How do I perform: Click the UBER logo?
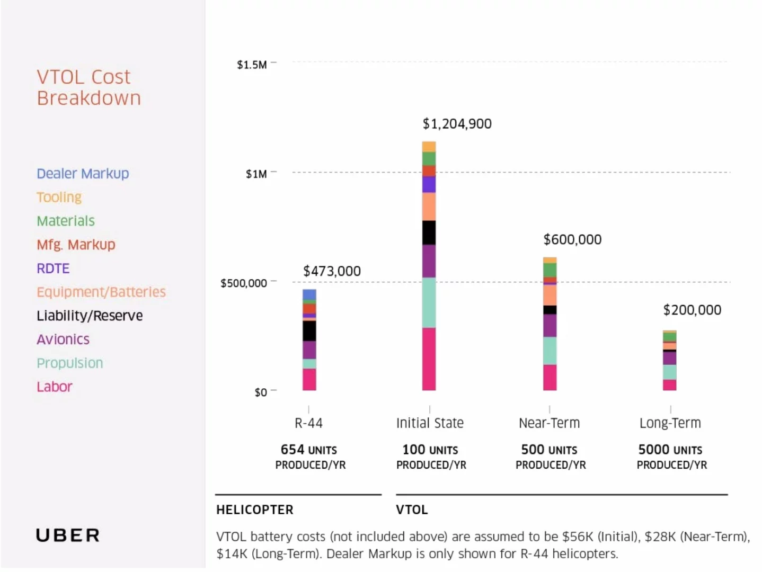67,535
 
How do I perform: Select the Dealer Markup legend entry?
83,174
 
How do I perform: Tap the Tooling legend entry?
59,197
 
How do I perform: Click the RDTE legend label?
53,269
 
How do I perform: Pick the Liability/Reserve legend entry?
90,316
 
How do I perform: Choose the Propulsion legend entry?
69,363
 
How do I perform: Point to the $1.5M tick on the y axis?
252,65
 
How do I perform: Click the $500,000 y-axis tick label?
244,283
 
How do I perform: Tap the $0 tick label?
261,392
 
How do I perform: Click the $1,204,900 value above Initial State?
457,124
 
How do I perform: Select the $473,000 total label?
332,271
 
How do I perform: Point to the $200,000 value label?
692,310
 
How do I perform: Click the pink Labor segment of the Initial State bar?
429,359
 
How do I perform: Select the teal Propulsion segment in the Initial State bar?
429,302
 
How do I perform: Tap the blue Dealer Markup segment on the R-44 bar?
309,294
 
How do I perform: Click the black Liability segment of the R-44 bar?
309,331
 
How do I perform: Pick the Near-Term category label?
549,423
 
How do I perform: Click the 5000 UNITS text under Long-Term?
670,450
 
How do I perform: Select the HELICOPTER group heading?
254,510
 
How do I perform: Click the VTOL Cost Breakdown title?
88,87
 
